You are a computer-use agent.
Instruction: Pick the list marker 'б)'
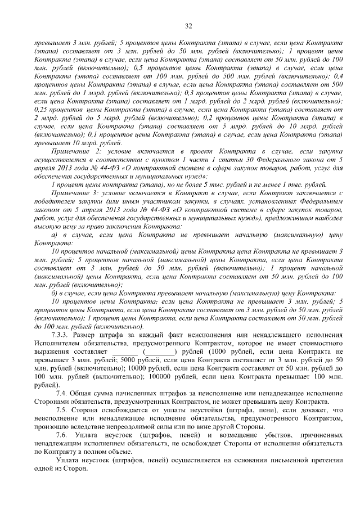[55, 293]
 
